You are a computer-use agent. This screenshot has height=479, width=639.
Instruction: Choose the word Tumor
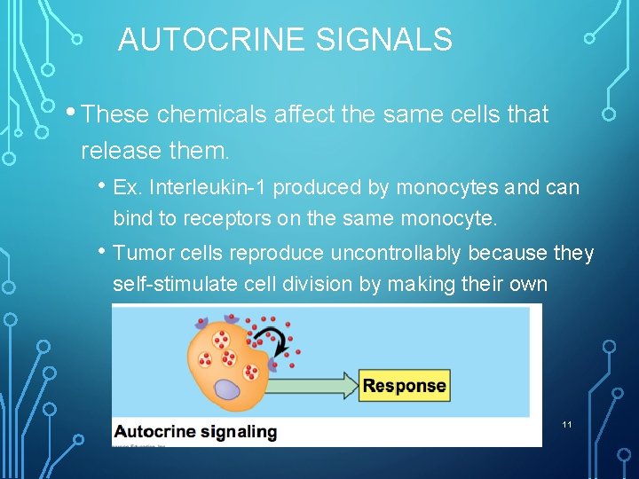click(x=142, y=253)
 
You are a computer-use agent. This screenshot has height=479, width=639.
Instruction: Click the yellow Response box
click(x=404, y=386)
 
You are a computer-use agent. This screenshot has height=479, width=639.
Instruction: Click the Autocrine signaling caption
click(x=194, y=432)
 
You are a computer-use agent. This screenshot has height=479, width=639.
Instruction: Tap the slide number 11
click(x=567, y=425)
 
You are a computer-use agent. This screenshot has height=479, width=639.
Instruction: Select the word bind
click(x=130, y=218)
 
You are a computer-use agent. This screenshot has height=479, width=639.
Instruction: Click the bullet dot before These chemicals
click(x=71, y=112)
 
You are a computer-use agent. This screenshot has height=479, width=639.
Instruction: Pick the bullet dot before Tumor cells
click(x=105, y=250)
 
